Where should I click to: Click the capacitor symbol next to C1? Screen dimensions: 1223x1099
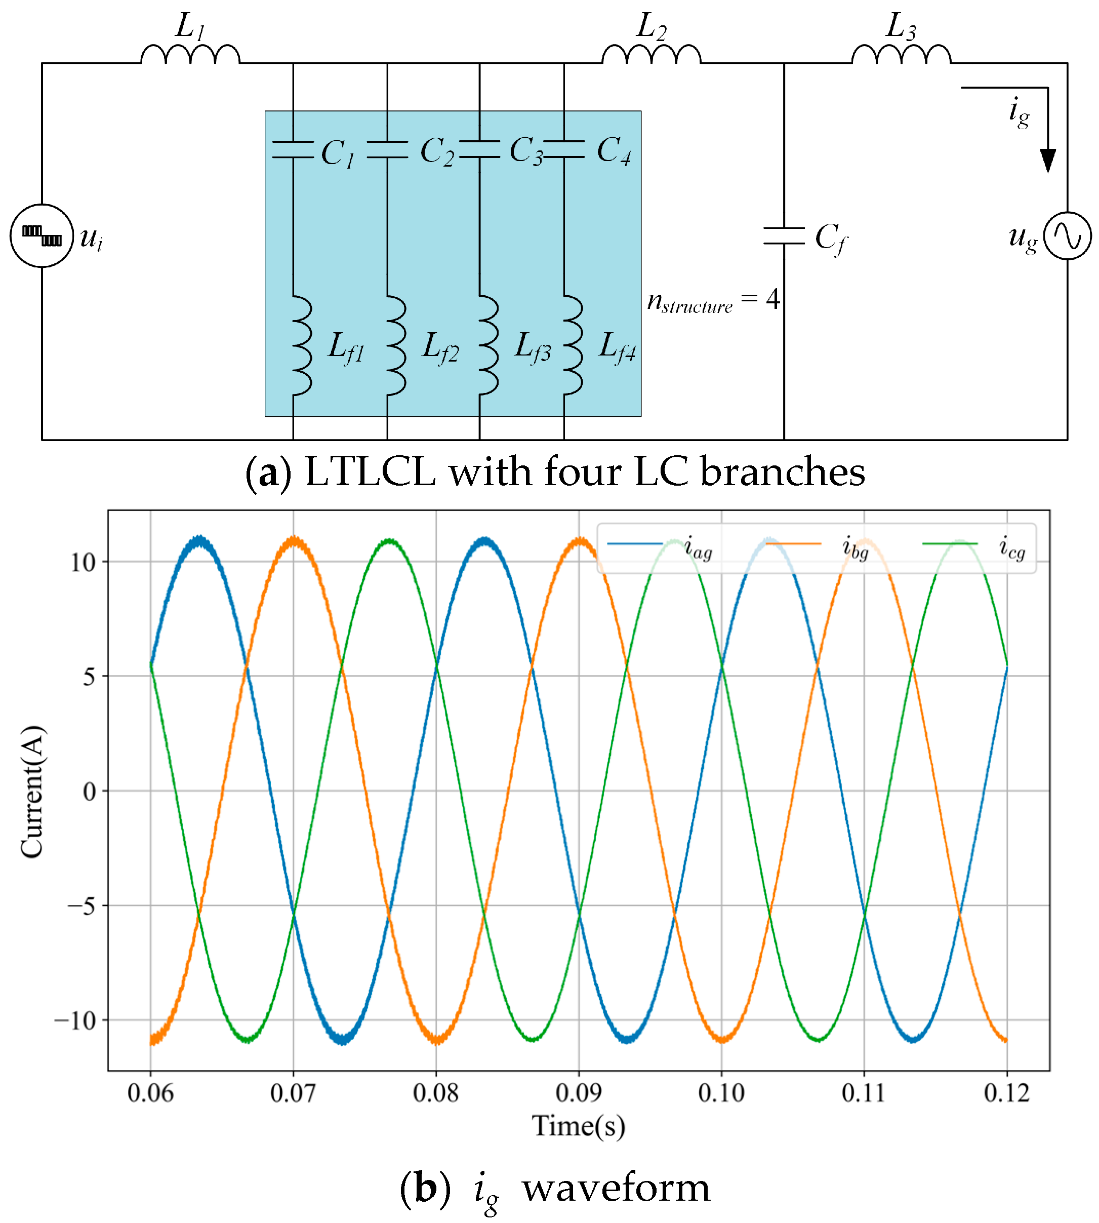(x=293, y=150)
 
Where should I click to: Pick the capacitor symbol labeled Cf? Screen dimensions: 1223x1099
(x=784, y=236)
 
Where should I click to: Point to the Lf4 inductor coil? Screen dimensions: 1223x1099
(x=573, y=345)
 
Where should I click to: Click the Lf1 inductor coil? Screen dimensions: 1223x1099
(x=302, y=345)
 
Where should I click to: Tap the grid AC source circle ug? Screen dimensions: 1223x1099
(x=1067, y=236)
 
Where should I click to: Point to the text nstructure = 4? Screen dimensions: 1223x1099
(x=713, y=300)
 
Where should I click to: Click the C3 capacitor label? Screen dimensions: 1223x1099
(x=526, y=150)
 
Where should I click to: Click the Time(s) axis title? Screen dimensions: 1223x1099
(x=579, y=1126)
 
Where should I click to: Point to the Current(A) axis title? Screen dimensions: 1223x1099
(x=32, y=791)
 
